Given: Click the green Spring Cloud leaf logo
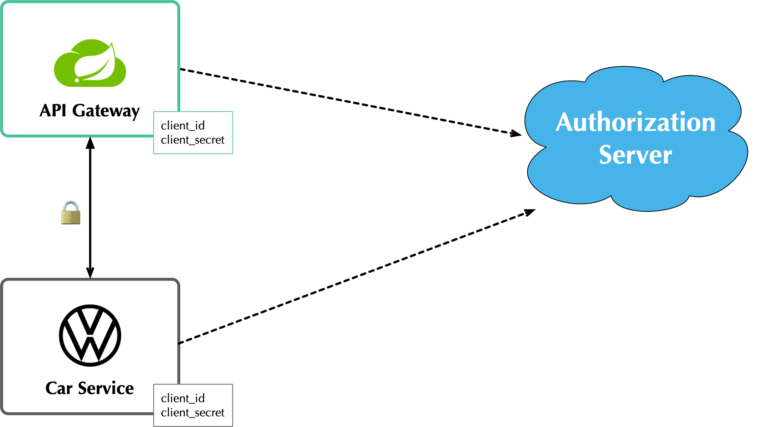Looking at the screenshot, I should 90,63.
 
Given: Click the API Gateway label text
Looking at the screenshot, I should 90,111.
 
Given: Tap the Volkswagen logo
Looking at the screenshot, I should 90,335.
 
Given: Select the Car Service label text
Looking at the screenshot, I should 90,388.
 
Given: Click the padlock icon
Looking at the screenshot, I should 71,213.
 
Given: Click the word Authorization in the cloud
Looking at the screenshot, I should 635,122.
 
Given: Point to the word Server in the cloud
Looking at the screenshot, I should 635,155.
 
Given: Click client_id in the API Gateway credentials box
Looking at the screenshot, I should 183,126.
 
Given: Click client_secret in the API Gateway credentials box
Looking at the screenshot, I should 192,140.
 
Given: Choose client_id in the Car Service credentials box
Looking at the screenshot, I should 183,398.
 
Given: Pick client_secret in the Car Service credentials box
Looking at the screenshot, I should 192,412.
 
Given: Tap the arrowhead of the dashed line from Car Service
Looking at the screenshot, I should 530,212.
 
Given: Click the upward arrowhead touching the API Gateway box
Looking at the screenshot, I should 90,143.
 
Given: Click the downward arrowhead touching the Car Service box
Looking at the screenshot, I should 90,272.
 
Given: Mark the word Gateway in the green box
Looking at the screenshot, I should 106,111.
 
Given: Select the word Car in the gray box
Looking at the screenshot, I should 59,388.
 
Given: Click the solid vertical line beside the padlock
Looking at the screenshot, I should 90,213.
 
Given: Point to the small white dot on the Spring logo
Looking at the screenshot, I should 77,80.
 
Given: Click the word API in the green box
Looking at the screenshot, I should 53,111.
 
